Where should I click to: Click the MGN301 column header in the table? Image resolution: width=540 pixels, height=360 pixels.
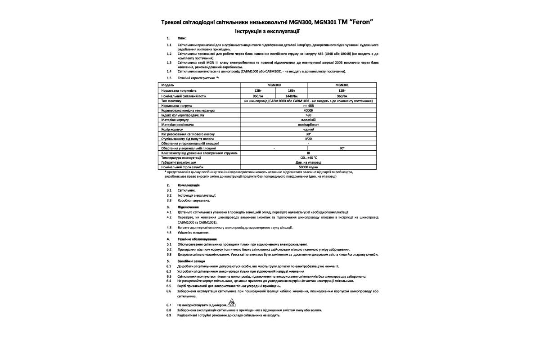tap(342, 85)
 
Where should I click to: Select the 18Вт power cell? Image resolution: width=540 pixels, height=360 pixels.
tap(291, 90)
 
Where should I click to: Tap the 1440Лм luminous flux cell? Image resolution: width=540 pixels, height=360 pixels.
tap(291, 96)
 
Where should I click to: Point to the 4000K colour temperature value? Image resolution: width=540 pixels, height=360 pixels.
tap(309, 110)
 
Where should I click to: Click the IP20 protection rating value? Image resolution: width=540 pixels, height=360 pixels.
tap(309, 139)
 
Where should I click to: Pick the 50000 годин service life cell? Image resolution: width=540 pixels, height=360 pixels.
tap(309, 167)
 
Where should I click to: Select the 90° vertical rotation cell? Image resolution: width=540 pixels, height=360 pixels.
tap(342, 148)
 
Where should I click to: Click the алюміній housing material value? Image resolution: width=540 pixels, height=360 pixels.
tap(309, 120)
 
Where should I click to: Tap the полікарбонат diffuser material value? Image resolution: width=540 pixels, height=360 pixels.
tap(309, 124)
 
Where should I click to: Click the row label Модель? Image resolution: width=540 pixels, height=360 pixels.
tap(167, 85)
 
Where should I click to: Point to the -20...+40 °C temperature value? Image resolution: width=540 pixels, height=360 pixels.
tap(309, 158)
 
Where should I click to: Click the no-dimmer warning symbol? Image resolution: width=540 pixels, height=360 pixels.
tap(232, 303)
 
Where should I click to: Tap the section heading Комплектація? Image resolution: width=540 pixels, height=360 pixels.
tap(189, 185)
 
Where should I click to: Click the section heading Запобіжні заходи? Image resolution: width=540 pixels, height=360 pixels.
tap(191, 261)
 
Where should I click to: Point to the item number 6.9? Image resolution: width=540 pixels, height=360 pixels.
tap(169, 315)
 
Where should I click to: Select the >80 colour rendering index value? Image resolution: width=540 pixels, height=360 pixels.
tap(309, 115)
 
